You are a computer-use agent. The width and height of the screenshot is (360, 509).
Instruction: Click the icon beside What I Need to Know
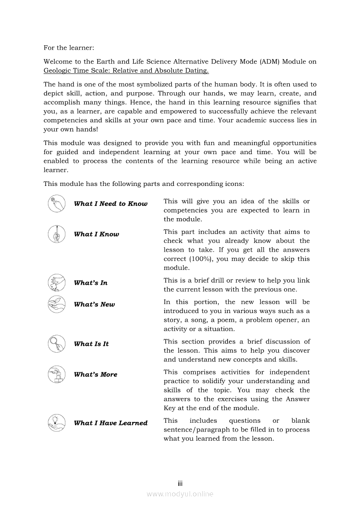[x=57, y=204]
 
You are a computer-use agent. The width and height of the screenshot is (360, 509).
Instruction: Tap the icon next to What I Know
[x=57, y=234]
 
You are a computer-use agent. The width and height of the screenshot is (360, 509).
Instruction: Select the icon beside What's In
[x=57, y=283]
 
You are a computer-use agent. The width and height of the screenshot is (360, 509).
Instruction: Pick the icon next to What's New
[x=57, y=304]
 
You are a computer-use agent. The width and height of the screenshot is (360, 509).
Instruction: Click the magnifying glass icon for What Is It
[x=57, y=344]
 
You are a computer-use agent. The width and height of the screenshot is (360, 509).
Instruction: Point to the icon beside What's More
[x=57, y=374]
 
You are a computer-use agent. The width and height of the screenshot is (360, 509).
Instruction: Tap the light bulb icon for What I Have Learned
[x=57, y=423]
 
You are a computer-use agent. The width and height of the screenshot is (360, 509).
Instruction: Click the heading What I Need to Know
[x=111, y=204]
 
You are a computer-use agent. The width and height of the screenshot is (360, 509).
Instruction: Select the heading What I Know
[x=96, y=234]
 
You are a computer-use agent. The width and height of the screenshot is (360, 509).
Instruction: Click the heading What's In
[x=91, y=283]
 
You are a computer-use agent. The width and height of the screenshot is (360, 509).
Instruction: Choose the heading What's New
[x=95, y=305]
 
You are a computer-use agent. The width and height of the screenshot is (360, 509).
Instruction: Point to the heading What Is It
[x=92, y=344]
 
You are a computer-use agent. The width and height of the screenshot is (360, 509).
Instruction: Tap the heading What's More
[x=96, y=374]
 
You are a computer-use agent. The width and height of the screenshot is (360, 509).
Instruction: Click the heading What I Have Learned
[x=111, y=423]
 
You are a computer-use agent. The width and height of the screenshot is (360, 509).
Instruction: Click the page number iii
[x=180, y=483]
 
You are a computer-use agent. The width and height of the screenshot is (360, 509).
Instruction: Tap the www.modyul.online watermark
[x=180, y=494]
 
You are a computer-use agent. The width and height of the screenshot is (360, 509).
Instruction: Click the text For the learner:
[x=69, y=47]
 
